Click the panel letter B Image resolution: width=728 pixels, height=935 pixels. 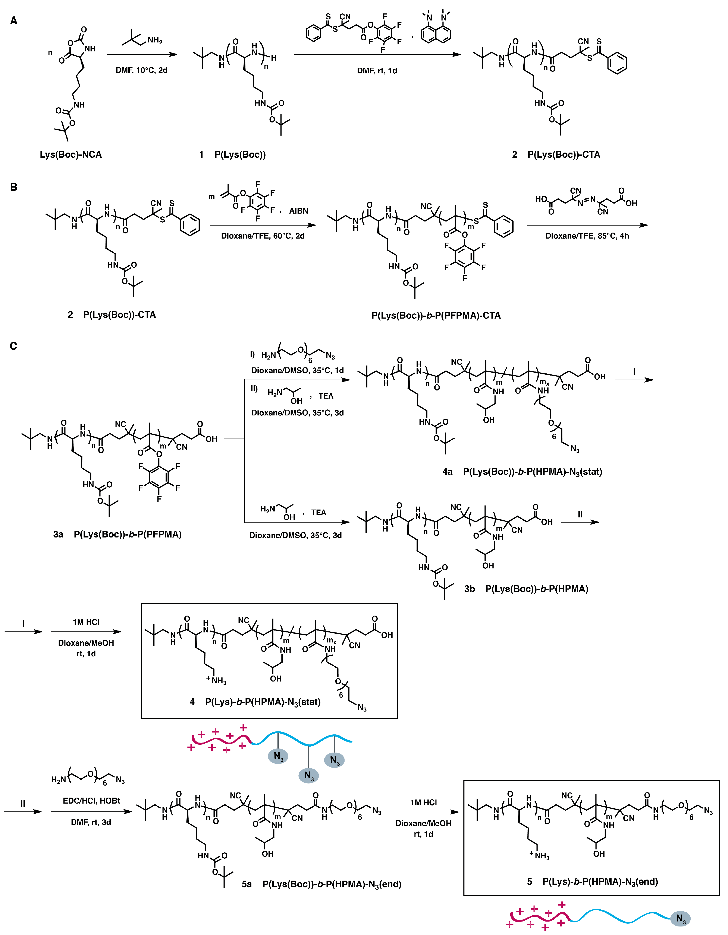pyautogui.click(x=14, y=187)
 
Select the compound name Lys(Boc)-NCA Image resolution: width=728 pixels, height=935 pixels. pyautogui.click(x=71, y=154)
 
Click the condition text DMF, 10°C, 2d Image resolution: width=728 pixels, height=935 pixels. pyautogui.click(x=141, y=70)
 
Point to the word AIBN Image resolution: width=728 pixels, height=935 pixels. pyautogui.click(x=299, y=211)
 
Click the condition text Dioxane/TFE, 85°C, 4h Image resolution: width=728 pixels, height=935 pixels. pyautogui.click(x=587, y=236)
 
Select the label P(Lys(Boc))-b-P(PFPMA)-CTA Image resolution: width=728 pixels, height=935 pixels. pyautogui.click(x=436, y=316)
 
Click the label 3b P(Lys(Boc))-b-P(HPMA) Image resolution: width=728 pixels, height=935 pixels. pyautogui.click(x=526, y=589)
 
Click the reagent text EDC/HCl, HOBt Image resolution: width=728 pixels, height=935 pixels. pyautogui.click(x=91, y=801)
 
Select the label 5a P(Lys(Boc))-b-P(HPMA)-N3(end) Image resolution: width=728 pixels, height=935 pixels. pyautogui.click(x=321, y=884)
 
